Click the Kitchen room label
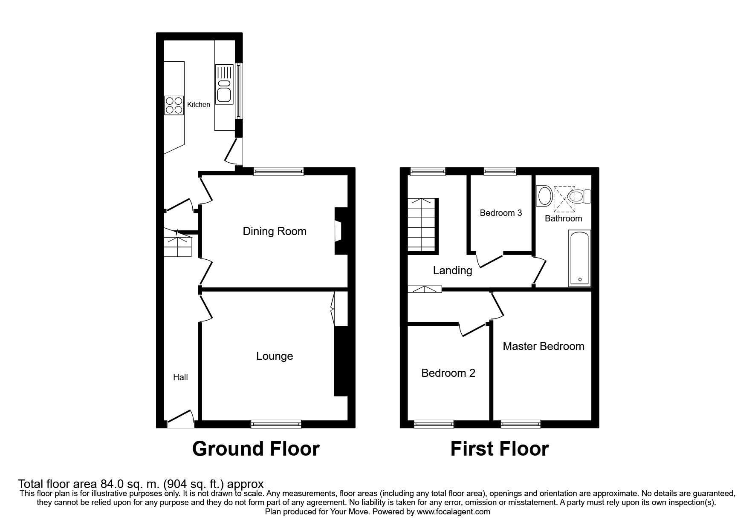(199, 104)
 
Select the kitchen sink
(224, 84)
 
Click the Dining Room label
(274, 231)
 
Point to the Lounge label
(274, 356)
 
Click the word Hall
(180, 377)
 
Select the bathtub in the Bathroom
(579, 258)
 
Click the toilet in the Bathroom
(580, 197)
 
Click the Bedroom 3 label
(500, 213)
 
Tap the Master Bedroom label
(543, 346)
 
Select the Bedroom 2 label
(448, 373)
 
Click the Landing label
(452, 270)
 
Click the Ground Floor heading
(255, 449)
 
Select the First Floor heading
(499, 449)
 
